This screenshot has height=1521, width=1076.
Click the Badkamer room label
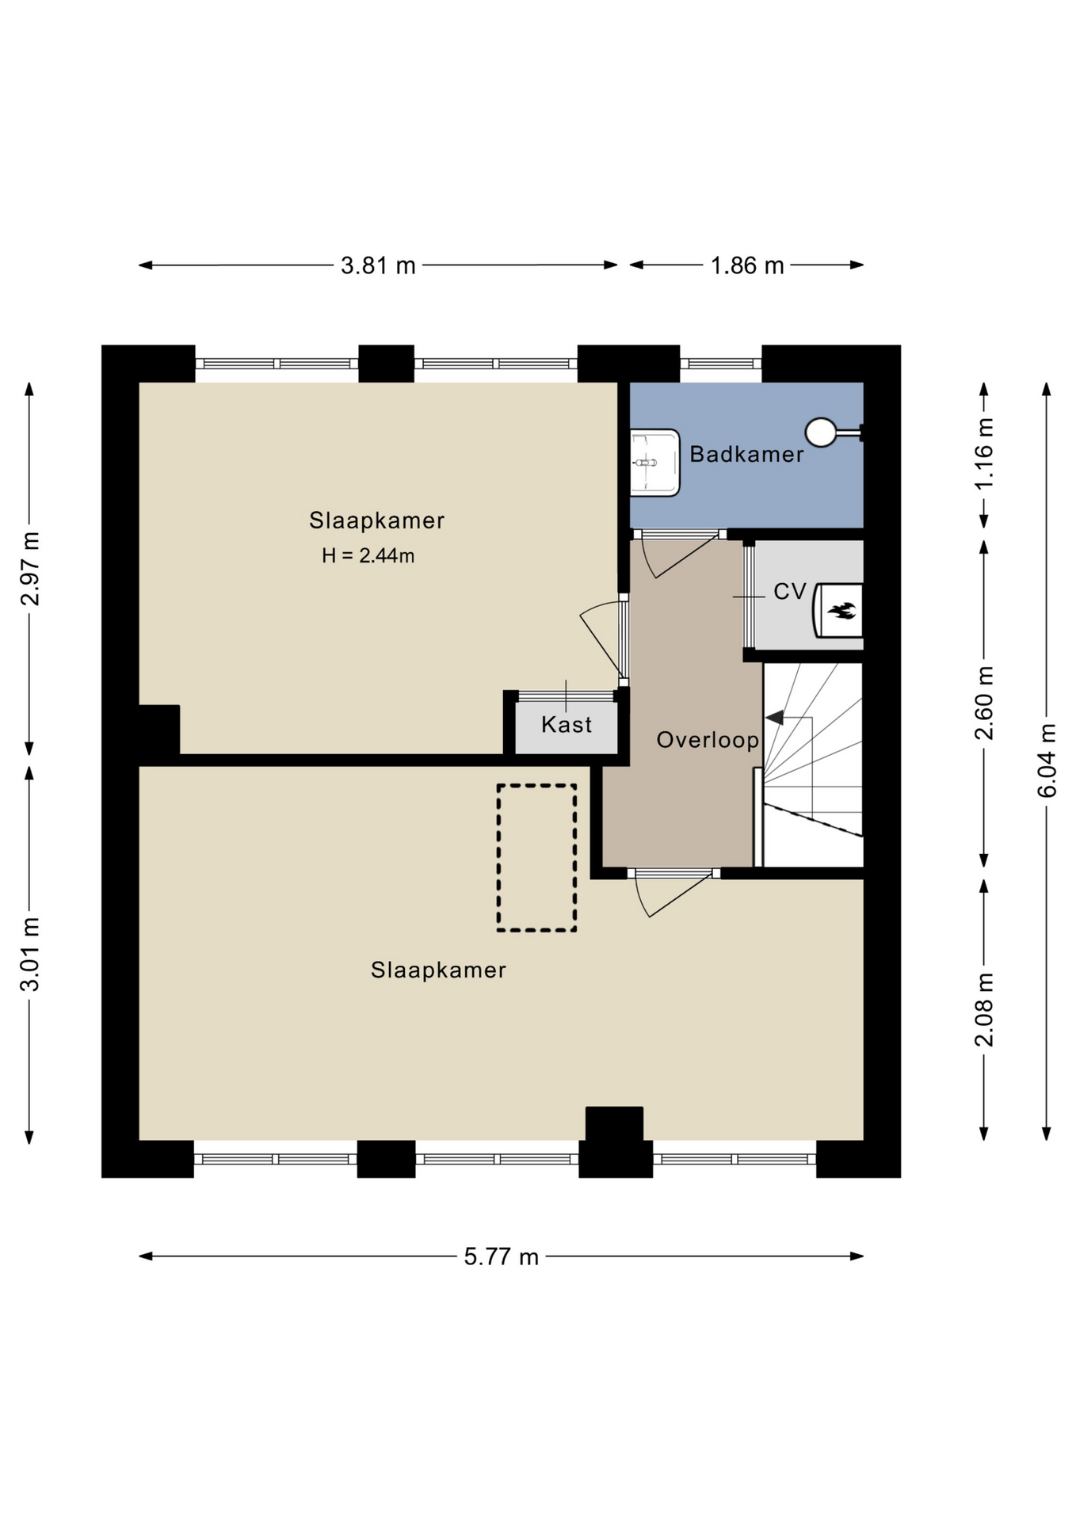(746, 454)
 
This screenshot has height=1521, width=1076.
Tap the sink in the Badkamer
(655, 463)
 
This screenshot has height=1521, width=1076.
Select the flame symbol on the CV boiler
(841, 610)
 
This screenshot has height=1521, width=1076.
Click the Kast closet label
(567, 724)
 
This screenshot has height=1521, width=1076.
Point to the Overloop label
(708, 740)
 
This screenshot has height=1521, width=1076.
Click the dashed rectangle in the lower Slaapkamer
(536, 857)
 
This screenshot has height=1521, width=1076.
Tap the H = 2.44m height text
(368, 555)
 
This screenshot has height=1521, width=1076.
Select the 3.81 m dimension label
(378, 265)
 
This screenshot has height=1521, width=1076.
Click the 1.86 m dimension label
(747, 265)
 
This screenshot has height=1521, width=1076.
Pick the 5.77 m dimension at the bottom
(501, 1256)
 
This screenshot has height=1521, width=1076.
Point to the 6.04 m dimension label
(1047, 760)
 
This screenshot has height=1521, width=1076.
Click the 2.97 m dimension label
(30, 569)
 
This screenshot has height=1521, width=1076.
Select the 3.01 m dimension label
(30, 955)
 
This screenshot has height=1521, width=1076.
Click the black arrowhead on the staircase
(774, 718)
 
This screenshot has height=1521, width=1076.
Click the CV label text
(789, 592)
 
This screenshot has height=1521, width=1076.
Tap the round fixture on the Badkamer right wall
(821, 433)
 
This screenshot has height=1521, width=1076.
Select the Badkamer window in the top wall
(721, 364)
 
